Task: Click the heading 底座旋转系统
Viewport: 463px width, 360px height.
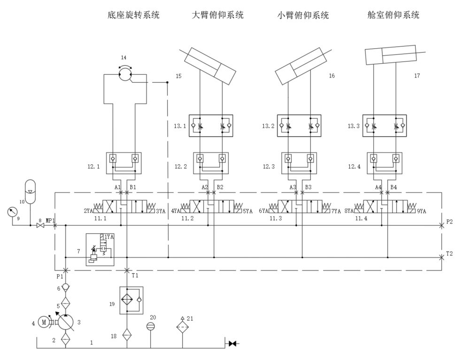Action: coord(134,15)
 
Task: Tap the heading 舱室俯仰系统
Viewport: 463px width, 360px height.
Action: coord(394,15)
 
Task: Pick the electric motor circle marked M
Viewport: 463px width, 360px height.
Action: coord(44,322)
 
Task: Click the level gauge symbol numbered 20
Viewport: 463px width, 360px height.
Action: coord(150,327)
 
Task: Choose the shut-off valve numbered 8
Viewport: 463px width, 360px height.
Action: coord(40,226)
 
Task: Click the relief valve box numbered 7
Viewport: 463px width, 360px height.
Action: coord(100,249)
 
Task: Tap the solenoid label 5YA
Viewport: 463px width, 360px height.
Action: coord(248,211)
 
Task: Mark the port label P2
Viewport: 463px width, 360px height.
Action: coord(450,221)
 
